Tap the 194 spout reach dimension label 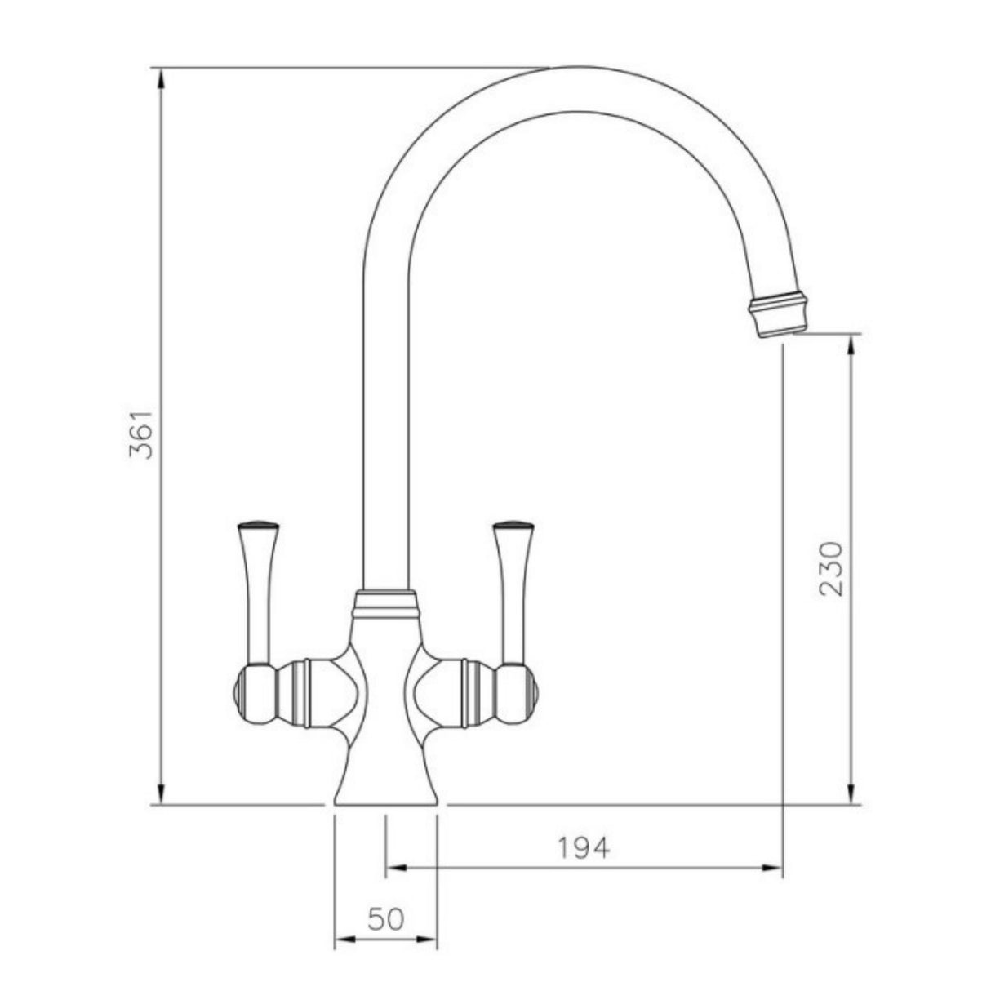point(584,848)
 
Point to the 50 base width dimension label point(385,920)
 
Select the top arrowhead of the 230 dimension point(851,344)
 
